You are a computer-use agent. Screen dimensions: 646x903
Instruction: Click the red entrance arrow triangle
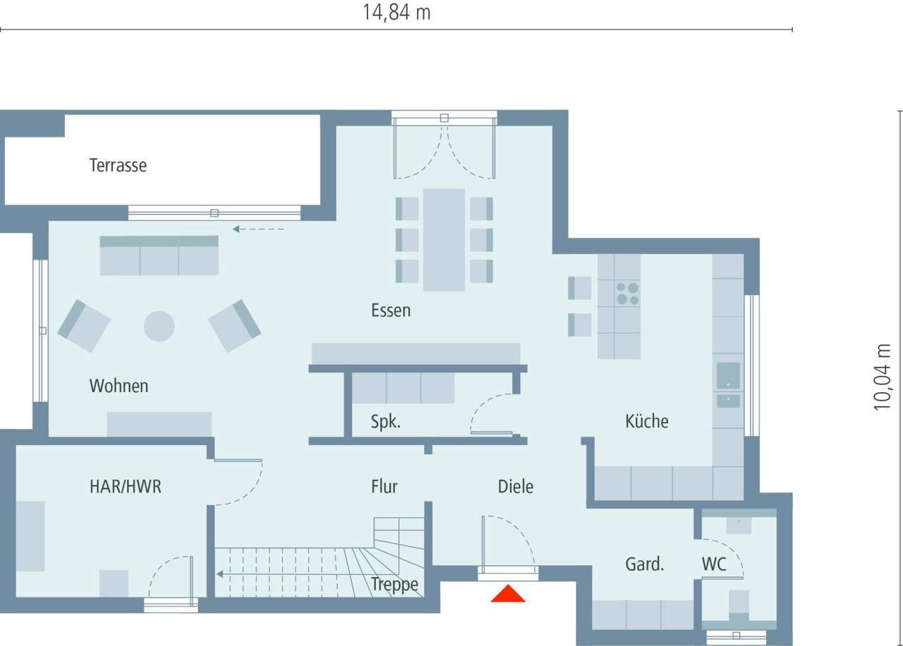(508, 594)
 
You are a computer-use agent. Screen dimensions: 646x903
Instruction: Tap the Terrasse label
(118, 166)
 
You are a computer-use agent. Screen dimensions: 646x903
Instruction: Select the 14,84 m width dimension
(396, 13)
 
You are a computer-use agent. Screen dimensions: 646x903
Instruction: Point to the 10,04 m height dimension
(883, 377)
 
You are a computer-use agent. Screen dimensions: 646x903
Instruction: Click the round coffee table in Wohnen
(159, 327)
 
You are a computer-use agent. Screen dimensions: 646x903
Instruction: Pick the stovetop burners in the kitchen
(627, 293)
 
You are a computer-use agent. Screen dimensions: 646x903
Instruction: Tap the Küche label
(646, 421)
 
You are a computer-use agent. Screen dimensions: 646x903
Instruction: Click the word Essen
(391, 310)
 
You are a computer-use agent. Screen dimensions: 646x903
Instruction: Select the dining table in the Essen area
(444, 240)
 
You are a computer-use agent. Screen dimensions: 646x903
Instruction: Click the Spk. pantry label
(386, 422)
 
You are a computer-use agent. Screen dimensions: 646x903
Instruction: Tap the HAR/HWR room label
(126, 487)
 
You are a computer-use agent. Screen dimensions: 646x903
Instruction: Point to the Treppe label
(394, 585)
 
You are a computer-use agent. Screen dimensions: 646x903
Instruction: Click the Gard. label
(645, 564)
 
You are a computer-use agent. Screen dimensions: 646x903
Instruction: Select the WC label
(714, 564)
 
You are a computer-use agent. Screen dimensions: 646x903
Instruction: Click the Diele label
(516, 487)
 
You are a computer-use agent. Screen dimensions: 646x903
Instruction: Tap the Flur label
(384, 487)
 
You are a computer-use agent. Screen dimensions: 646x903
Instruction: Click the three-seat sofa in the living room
(159, 256)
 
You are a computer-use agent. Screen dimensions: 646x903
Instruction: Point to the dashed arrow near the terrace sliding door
(258, 228)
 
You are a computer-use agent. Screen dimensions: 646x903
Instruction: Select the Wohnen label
(119, 386)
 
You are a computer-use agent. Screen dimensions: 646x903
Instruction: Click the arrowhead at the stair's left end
(219, 573)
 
